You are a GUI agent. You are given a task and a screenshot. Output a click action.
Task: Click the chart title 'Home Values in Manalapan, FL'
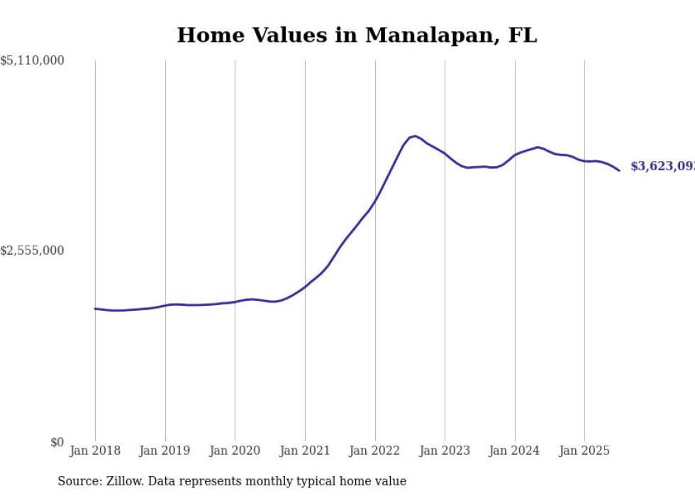(x=357, y=35)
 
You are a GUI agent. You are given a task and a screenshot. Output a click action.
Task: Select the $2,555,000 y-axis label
(x=32, y=251)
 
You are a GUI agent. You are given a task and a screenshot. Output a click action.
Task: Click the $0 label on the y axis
(x=57, y=442)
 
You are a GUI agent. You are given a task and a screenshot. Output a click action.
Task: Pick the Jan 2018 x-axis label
(x=95, y=451)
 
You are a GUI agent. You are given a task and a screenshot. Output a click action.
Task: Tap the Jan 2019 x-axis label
(x=165, y=451)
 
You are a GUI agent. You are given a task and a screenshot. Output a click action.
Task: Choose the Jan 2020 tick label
(x=235, y=451)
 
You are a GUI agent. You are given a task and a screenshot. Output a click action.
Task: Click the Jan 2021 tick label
(x=305, y=451)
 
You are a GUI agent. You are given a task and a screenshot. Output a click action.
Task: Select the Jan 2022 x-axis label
(x=375, y=451)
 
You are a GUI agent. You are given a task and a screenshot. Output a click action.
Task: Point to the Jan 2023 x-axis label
(x=445, y=451)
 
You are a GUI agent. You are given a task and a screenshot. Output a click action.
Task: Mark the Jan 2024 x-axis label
(x=515, y=451)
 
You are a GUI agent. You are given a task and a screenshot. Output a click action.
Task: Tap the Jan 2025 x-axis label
(x=584, y=451)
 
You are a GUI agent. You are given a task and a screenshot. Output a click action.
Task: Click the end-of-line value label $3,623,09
(x=662, y=167)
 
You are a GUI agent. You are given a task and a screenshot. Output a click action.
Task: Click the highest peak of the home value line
(x=414, y=136)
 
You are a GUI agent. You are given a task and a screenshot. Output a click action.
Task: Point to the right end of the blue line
(x=619, y=170)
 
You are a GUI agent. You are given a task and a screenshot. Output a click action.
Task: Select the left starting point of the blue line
(x=95, y=309)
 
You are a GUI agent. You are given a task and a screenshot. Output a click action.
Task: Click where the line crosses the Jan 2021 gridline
(x=305, y=286)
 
